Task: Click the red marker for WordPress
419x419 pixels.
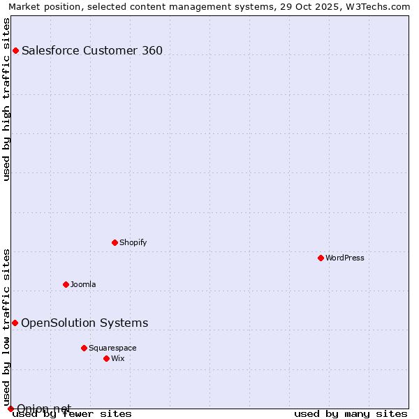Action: click(321, 258)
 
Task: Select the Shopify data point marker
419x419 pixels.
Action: click(115, 242)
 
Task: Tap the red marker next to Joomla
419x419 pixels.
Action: click(66, 284)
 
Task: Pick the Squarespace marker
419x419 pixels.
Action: click(84, 348)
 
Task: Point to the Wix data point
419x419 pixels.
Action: click(106, 358)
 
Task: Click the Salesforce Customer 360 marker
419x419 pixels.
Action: click(15, 50)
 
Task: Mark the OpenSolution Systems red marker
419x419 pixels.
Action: click(15, 323)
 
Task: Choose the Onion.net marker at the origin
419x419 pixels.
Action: click(10, 409)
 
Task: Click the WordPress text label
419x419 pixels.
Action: click(345, 258)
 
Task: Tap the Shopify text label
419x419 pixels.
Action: click(133, 242)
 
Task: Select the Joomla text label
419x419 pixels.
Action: click(83, 284)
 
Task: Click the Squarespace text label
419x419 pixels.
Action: click(112, 348)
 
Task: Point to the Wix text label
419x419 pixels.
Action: click(117, 358)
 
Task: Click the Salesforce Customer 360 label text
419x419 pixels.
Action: click(92, 50)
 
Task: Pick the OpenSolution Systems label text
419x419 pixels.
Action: click(84, 323)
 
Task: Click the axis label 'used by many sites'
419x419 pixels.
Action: click(351, 414)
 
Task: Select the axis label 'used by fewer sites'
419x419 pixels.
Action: click(73, 414)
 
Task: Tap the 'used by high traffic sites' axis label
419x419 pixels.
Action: click(7, 99)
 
